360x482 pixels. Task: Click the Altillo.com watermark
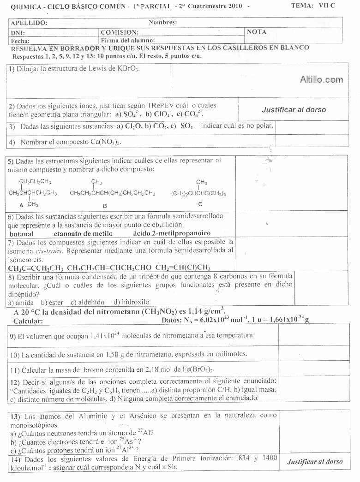(321, 80)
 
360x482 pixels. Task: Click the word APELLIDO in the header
(29, 22)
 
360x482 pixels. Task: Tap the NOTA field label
(257, 32)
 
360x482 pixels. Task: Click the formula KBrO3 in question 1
(128, 69)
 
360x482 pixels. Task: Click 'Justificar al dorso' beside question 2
(294, 110)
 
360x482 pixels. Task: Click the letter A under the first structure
(21, 204)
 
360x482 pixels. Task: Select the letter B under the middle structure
(105, 205)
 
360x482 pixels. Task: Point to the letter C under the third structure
(200, 204)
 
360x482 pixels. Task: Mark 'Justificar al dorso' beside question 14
(315, 461)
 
